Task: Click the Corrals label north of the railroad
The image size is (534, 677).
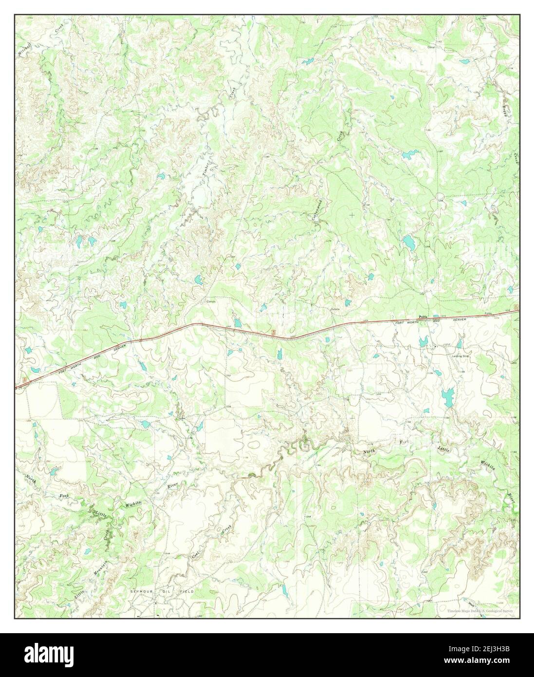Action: (x=210, y=301)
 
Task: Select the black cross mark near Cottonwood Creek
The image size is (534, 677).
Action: (x=351, y=214)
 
